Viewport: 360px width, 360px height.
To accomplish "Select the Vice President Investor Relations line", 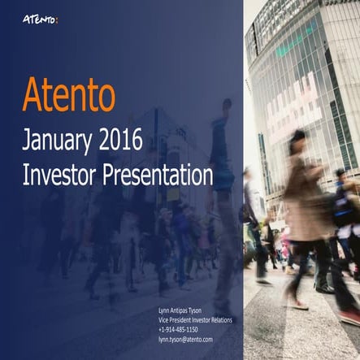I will coord(195,320).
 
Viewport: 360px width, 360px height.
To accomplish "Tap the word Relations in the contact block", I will coord(220,320).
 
